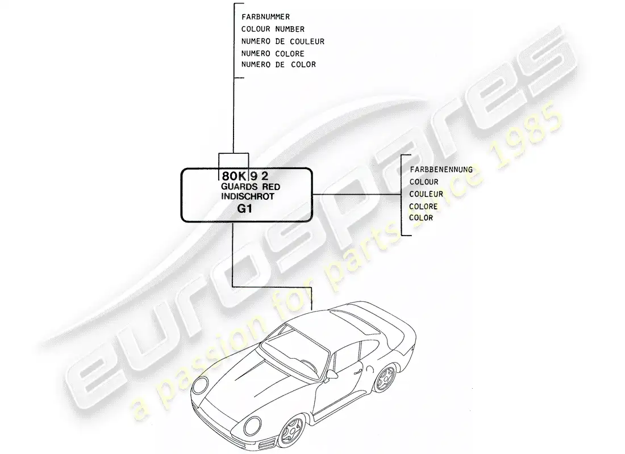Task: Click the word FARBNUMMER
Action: (x=265, y=16)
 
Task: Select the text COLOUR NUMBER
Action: (x=273, y=29)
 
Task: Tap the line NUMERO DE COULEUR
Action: (x=282, y=41)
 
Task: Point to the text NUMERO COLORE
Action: (x=273, y=53)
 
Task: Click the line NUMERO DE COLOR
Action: (x=278, y=65)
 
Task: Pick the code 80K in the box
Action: (x=234, y=176)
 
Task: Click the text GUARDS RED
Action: (x=251, y=187)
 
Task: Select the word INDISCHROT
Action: (x=248, y=197)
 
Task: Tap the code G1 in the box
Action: (x=244, y=209)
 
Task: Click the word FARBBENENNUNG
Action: (x=441, y=170)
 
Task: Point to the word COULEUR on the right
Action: (x=426, y=194)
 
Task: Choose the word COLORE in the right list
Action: (x=423, y=207)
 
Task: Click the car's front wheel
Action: (x=292, y=430)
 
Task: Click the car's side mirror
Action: (x=332, y=375)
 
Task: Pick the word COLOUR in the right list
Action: (x=424, y=182)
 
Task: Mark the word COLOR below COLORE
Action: (x=421, y=218)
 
